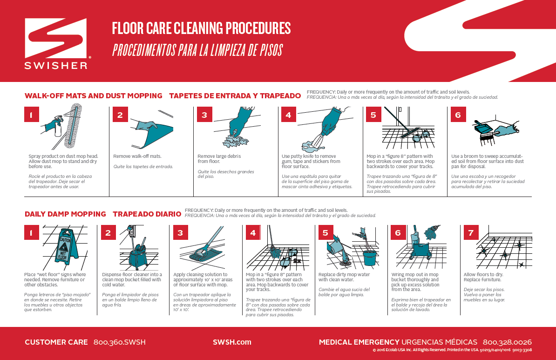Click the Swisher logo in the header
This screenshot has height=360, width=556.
56,43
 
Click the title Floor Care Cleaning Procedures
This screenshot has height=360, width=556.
201,28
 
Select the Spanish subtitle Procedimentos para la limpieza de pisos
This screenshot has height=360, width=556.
197,50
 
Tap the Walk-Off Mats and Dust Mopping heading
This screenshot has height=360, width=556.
93,96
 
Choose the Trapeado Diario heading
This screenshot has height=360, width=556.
147,214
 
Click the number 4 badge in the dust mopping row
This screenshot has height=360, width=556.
288,115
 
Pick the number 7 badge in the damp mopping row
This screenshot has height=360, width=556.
470,232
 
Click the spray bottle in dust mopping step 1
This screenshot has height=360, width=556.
58,127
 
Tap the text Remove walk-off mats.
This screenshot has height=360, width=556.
137,156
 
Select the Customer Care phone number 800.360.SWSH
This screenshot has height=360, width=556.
119,342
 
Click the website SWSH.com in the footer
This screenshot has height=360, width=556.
232,342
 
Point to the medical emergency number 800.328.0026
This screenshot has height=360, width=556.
507,342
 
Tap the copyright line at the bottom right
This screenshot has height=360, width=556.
452,350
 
